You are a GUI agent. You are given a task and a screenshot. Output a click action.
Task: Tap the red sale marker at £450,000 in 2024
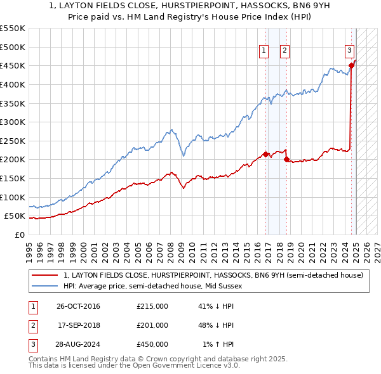[x=351, y=65]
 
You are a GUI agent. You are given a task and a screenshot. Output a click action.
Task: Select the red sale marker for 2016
[x=265, y=153]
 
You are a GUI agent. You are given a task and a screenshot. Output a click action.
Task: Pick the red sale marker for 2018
[x=286, y=159]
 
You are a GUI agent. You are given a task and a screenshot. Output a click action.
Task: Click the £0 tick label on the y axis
[x=20, y=235]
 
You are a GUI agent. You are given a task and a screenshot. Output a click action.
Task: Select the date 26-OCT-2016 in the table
[x=78, y=306]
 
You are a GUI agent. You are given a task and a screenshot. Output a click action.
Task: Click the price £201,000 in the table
[x=152, y=325]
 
